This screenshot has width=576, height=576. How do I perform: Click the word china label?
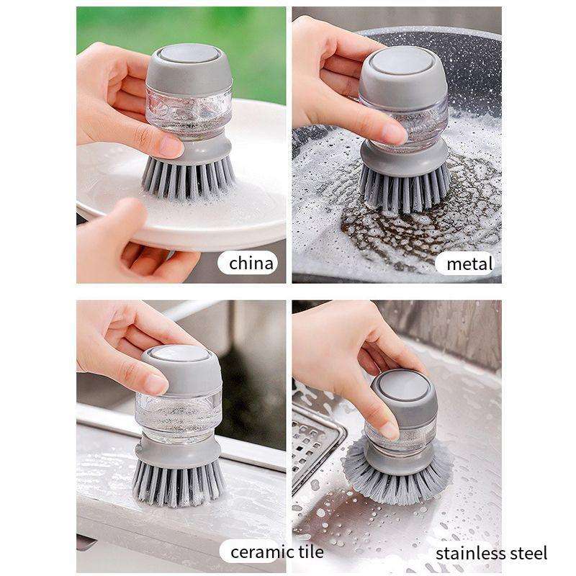251,263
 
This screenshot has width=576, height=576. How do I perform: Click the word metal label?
469,263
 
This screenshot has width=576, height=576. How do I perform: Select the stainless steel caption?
491,553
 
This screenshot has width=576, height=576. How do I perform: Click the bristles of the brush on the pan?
404,189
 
